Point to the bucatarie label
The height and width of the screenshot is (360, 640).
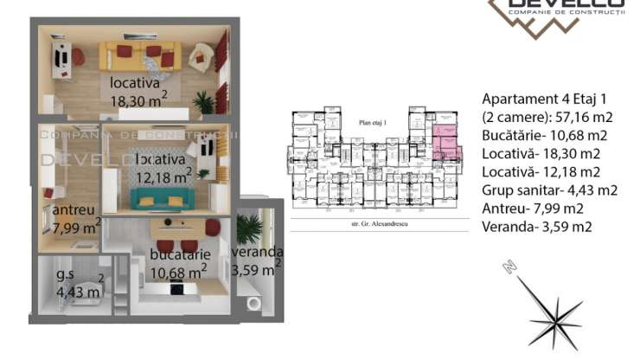[177, 255]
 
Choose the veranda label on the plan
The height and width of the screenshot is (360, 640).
[257, 252]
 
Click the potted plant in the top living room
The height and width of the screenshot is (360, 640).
[204, 102]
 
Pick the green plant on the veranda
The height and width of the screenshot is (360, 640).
[251, 228]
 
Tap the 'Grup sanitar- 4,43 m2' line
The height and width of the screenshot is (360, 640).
[548, 190]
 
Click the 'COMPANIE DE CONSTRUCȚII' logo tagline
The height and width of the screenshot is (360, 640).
[566, 10]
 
